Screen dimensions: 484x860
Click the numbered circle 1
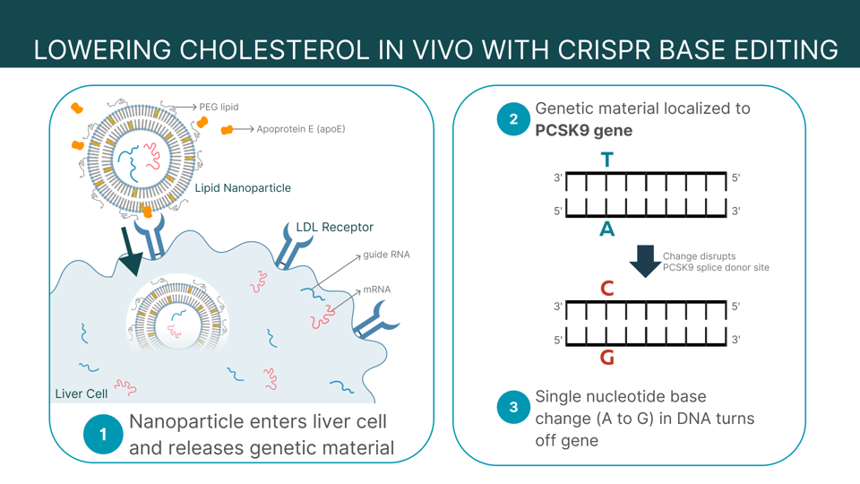tap(103, 435)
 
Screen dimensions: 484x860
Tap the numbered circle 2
tap(513, 119)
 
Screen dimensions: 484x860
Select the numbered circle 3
tap(513, 408)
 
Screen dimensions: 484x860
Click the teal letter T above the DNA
tap(607, 160)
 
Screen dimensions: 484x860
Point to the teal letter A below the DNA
tap(607, 229)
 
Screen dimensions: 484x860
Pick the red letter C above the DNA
tap(607, 289)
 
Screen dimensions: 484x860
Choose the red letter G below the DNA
tap(607, 358)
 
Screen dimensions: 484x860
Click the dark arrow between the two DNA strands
tap(645, 261)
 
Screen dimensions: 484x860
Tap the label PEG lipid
tap(219, 108)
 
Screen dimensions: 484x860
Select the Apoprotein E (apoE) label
tap(300, 129)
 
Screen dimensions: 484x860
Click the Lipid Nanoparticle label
tap(243, 188)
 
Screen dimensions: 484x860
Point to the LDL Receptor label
tap(334, 227)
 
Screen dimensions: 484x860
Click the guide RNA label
tap(386, 255)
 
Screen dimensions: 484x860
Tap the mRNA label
tap(376, 290)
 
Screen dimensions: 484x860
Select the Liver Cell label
tap(82, 393)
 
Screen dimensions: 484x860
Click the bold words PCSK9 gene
tap(584, 131)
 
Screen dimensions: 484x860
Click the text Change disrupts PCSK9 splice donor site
tap(715, 262)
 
